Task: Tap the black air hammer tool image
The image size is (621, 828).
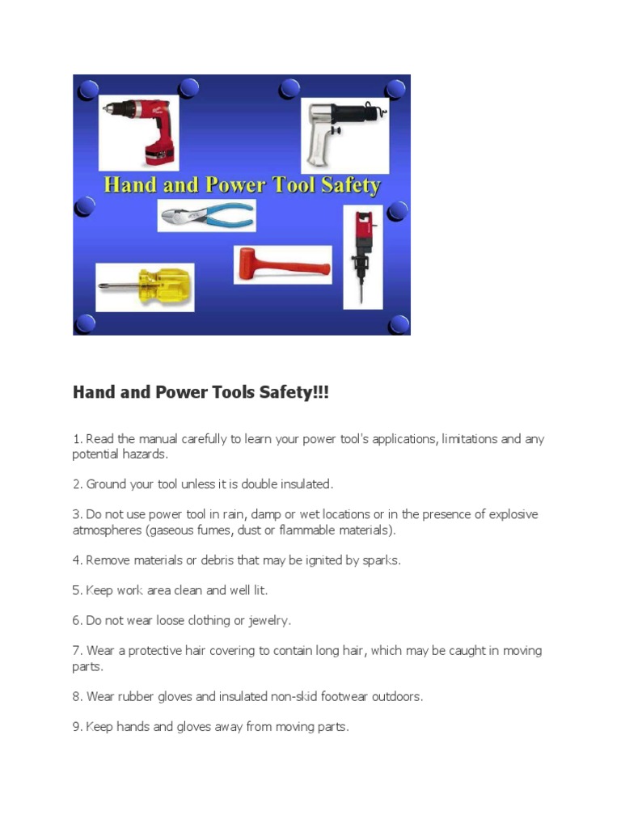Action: [x=344, y=133]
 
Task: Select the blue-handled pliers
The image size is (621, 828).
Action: [x=207, y=216]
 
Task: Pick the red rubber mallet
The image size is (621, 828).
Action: [x=282, y=264]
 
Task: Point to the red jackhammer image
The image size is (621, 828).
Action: [x=362, y=255]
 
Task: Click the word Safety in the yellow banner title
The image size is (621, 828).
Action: [x=350, y=185]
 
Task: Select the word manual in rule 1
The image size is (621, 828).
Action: [x=143, y=439]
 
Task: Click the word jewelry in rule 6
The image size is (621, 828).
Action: [x=266, y=621]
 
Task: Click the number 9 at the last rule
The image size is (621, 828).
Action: [x=76, y=727]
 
